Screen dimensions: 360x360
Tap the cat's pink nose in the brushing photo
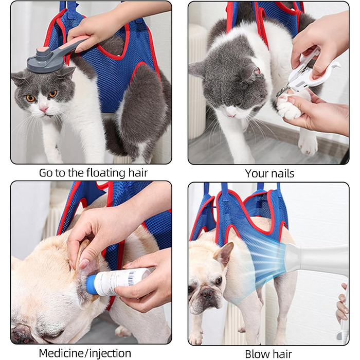pos(43,109)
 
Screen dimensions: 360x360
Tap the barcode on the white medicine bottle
pos(131,278)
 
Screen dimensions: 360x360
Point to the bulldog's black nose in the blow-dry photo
pos(208,294)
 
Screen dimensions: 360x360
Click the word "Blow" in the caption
pos(256,354)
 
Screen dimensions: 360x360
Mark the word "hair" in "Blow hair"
pos(281,354)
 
